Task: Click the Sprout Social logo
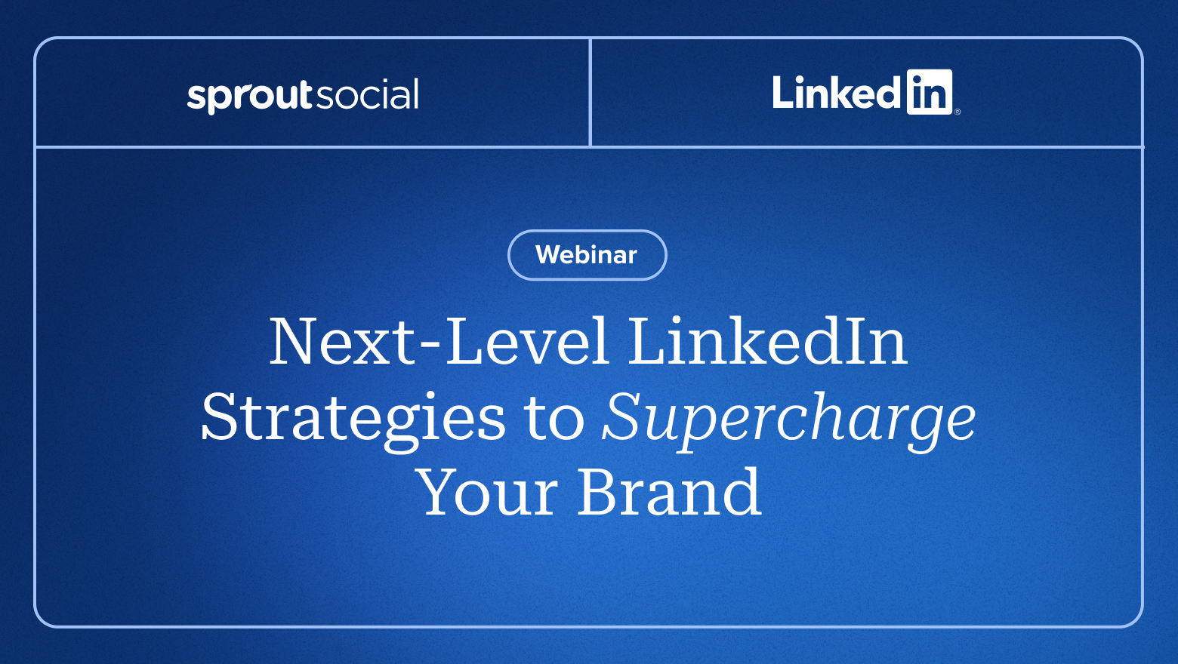click(303, 96)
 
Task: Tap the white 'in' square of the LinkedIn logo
click(930, 92)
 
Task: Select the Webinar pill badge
click(587, 255)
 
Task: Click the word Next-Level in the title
click(439, 341)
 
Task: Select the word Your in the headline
click(486, 492)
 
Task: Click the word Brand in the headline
click(670, 490)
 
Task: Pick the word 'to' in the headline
click(554, 420)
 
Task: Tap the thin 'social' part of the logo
click(367, 94)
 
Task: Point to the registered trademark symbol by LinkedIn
click(958, 112)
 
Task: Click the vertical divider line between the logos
click(591, 92)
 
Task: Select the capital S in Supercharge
click(623, 416)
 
